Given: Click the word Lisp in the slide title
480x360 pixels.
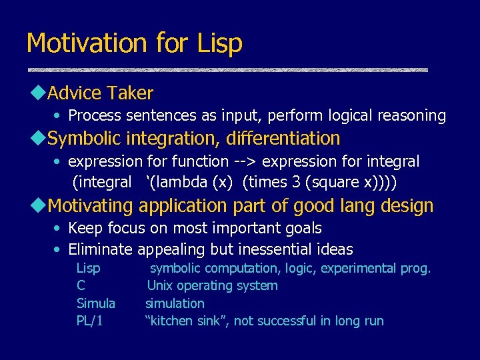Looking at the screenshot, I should pyautogui.click(x=220, y=43).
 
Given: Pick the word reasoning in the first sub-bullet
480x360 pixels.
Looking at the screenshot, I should pyautogui.click(x=413, y=115).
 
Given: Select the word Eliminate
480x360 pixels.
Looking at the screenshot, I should pyautogui.click(x=101, y=249).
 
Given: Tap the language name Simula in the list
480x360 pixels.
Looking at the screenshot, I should pyautogui.click(x=96, y=303).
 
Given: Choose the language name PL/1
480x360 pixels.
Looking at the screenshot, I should pyautogui.click(x=89, y=321).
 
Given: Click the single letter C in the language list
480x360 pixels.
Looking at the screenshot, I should pyautogui.click(x=81, y=286).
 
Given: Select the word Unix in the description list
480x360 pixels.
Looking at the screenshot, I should pyautogui.click(x=160, y=286).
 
